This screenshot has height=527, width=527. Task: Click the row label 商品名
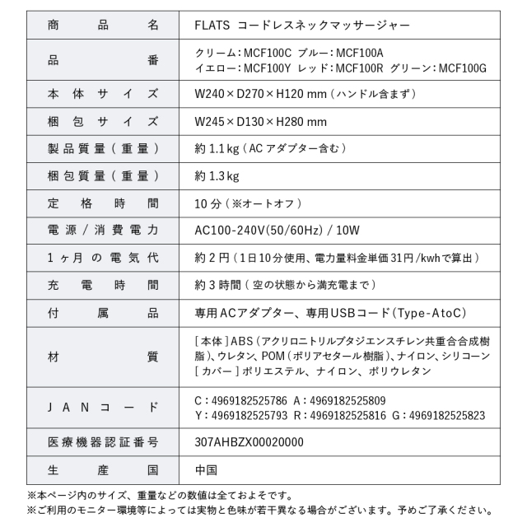coord(103,25)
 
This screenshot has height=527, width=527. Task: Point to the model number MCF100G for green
coord(462,67)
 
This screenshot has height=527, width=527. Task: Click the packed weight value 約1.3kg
coord(217,176)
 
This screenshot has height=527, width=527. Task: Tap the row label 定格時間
coord(103,203)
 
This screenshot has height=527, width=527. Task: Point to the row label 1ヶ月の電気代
coord(103,258)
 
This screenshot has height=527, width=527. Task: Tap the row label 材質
coord(103,357)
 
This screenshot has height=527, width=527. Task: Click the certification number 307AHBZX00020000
coord(249,442)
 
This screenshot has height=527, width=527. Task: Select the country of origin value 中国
coord(206,470)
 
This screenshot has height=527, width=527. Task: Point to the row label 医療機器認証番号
coord(103,442)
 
